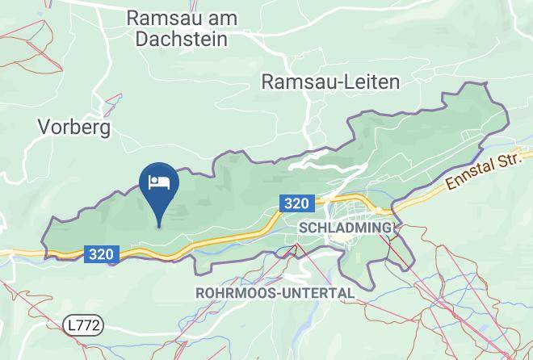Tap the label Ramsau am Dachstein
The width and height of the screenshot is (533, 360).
tap(178, 27)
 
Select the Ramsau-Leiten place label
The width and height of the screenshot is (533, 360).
tap(330, 82)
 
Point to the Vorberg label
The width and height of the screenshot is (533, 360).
tap(73, 127)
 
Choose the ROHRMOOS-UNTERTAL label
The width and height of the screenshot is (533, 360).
tap(275, 293)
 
